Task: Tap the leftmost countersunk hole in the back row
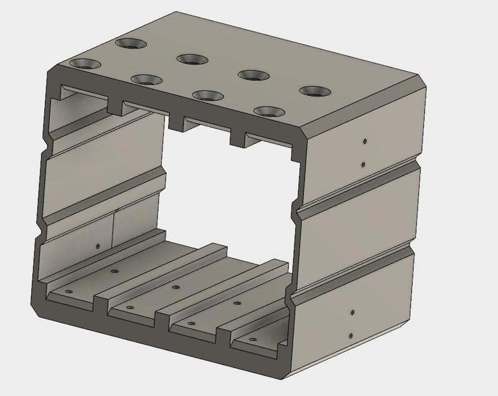click(130, 44)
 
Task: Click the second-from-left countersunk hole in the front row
click(146, 79)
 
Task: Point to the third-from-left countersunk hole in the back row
click(253, 75)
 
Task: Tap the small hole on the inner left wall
click(98, 247)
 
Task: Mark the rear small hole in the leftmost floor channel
click(114, 271)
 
